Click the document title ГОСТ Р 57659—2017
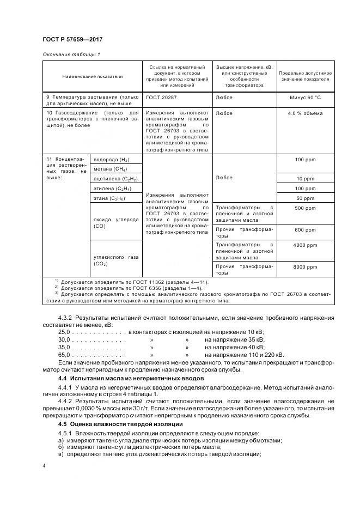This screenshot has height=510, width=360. pos(72,40)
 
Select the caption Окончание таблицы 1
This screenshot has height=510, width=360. pos(71,54)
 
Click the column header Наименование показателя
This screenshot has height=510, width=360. pos(93,76)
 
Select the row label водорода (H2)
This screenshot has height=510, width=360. pos(112,160)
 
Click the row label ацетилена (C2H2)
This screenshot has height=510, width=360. pos(115,179)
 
